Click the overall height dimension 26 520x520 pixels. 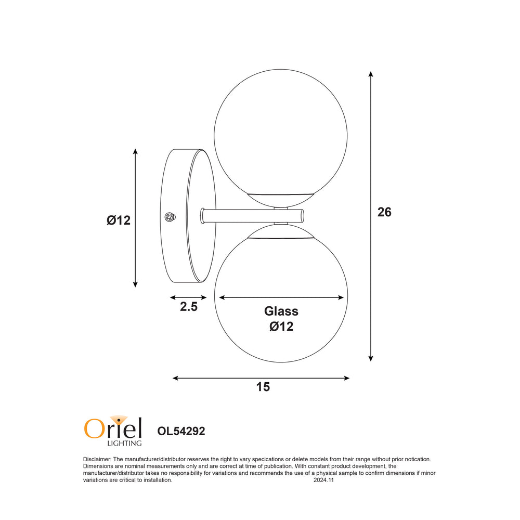[x=384, y=212]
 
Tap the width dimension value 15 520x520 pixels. [x=263, y=387]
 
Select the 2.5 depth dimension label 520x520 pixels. [x=189, y=307]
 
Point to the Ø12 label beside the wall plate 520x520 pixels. [x=119, y=220]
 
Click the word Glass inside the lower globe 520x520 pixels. [x=281, y=311]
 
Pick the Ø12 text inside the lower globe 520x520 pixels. [x=281, y=327]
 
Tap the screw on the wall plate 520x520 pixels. [x=170, y=217]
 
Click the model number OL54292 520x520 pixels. [x=181, y=431]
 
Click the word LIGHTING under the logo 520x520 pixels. [x=125, y=444]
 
